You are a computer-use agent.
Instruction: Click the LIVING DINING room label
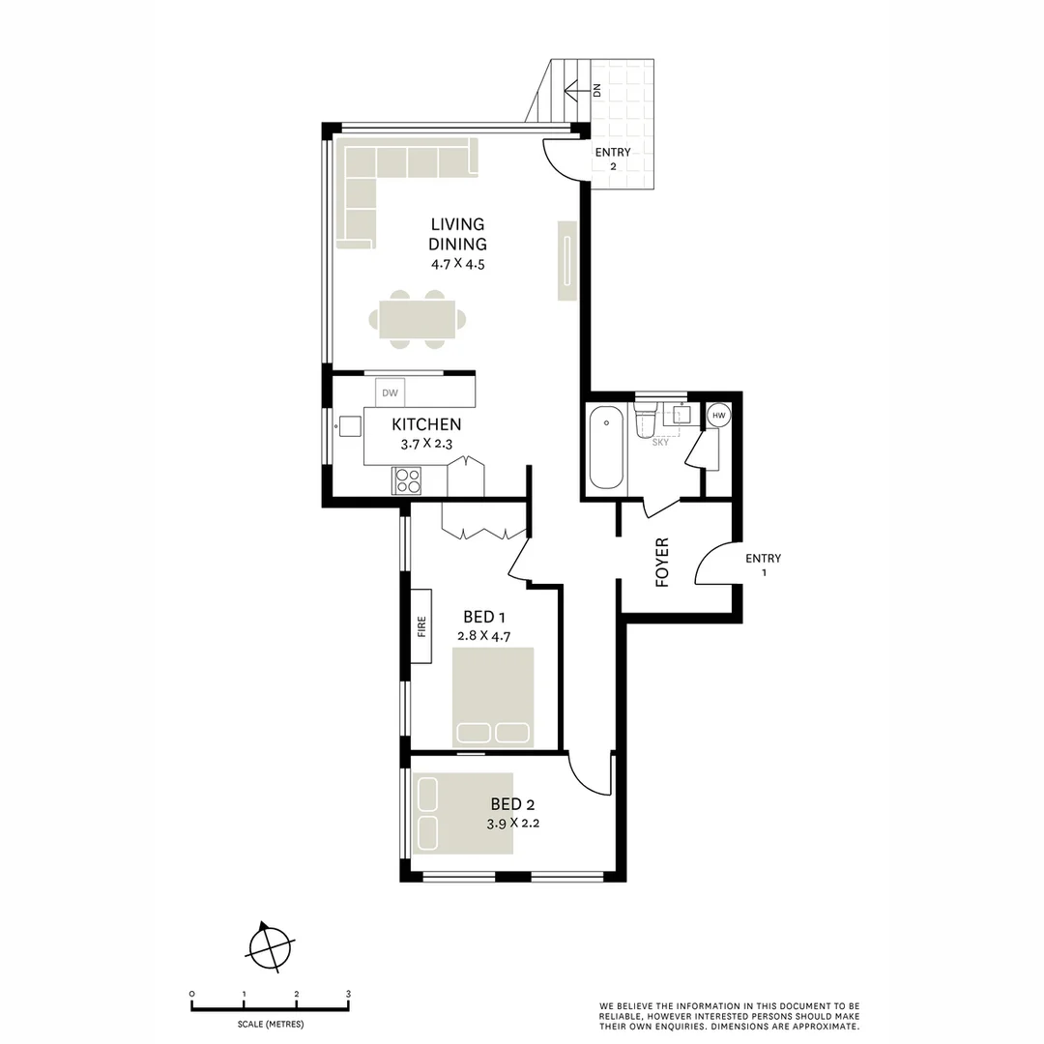coord(457,234)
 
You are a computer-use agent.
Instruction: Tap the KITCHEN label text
coord(425,424)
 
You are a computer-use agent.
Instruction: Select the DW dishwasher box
coord(391,392)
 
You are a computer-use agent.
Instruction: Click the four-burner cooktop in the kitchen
coord(407,480)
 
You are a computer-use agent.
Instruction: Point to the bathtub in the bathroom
coord(607,448)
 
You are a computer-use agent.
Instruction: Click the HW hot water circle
coord(718,416)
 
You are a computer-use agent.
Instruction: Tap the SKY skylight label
coord(661,442)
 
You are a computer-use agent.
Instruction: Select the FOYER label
coord(663,563)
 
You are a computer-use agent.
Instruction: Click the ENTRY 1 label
coord(763,565)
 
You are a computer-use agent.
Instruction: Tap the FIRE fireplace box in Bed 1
coord(421,626)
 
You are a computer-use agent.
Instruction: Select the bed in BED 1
coord(493,697)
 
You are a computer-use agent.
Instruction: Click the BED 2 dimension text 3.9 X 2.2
coord(512,824)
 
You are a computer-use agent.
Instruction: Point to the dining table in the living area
coord(417,319)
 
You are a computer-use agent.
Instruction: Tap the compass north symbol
coord(268,945)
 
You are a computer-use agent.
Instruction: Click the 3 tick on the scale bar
coord(348,994)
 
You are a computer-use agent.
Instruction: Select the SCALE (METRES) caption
coord(270,1024)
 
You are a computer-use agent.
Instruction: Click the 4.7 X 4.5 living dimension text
coord(457,263)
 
